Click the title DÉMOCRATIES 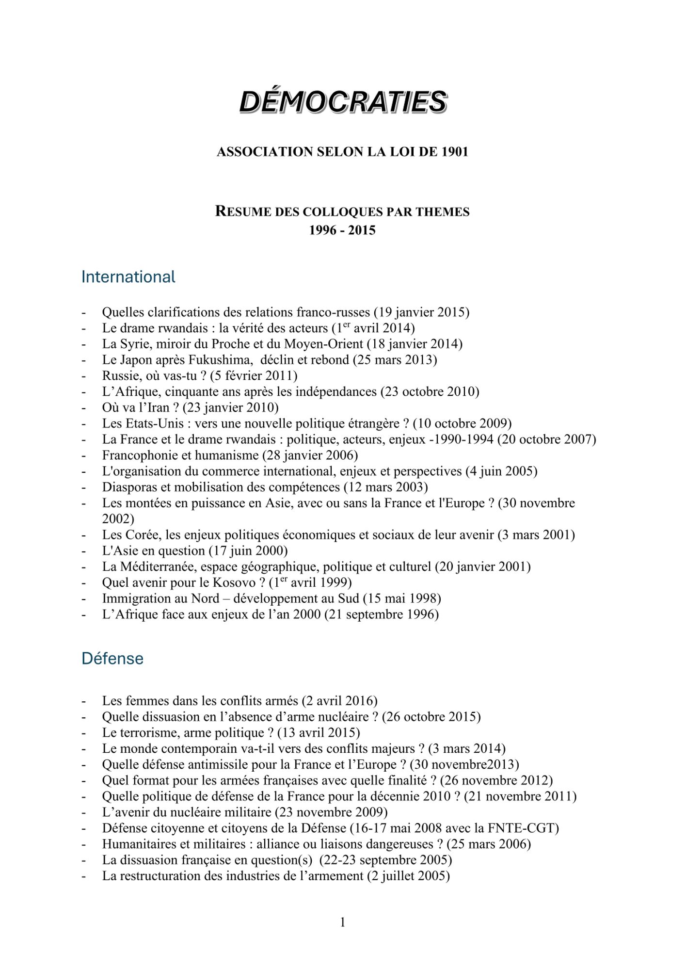pyautogui.click(x=343, y=102)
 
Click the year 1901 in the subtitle pyautogui.click(x=455, y=152)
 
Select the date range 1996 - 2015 pyautogui.click(x=342, y=230)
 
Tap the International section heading pyautogui.click(x=128, y=277)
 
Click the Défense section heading pyautogui.click(x=112, y=659)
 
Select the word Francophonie pyautogui.click(x=138, y=455)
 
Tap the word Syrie pyautogui.click(x=136, y=344)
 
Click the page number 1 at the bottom pyautogui.click(x=343, y=922)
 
